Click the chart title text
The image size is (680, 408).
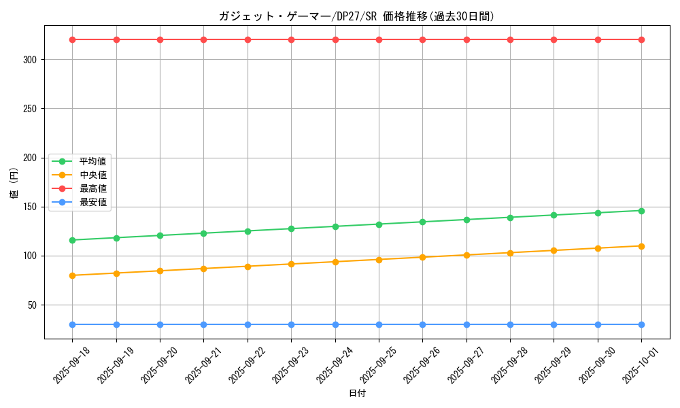pyautogui.click(x=356, y=16)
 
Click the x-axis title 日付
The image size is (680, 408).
pyautogui.click(x=357, y=394)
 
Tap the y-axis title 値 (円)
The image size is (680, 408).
pyautogui.click(x=14, y=184)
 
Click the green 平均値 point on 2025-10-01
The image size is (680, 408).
pyautogui.click(x=641, y=211)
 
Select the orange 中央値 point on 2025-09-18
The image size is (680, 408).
pyautogui.click(x=73, y=275)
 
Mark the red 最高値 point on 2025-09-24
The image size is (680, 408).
pyautogui.click(x=335, y=39)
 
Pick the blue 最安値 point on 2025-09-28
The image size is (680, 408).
pyautogui.click(x=510, y=324)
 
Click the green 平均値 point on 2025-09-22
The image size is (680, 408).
pyautogui.click(x=248, y=231)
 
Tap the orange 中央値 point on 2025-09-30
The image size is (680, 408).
pyautogui.click(x=598, y=248)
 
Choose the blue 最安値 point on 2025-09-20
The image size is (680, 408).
pyautogui.click(x=160, y=324)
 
